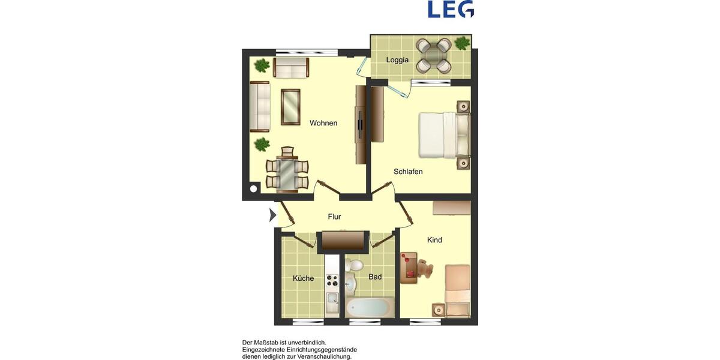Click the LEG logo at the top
click(x=451, y=9)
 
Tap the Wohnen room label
click(x=323, y=123)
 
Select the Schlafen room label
click(x=408, y=172)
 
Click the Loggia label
click(x=397, y=60)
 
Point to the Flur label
click(x=334, y=217)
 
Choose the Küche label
click(x=303, y=278)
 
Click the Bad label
click(x=375, y=277)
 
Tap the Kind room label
click(x=434, y=240)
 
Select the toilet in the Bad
click(x=356, y=265)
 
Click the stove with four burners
click(x=332, y=280)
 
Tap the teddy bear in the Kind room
click(x=425, y=269)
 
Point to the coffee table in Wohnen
click(x=290, y=107)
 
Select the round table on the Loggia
click(x=434, y=55)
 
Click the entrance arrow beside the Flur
click(x=272, y=215)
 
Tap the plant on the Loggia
click(x=462, y=43)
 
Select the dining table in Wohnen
click(x=287, y=173)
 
